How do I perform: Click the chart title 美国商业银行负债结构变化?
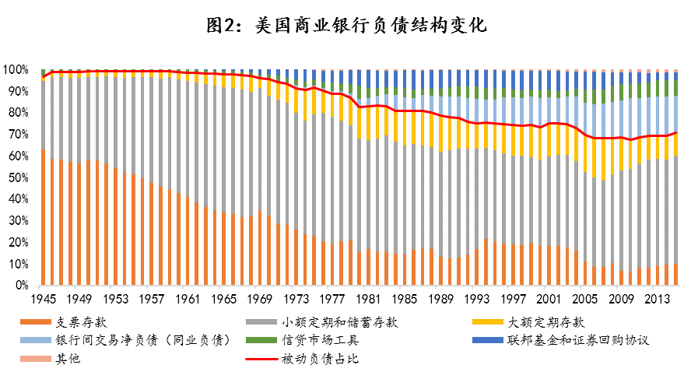coord(345,26)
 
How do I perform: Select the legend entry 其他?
coord(68,359)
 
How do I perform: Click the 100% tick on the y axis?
coord(18,70)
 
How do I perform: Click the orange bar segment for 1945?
coord(43,218)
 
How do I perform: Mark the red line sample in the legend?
coord(261,359)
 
